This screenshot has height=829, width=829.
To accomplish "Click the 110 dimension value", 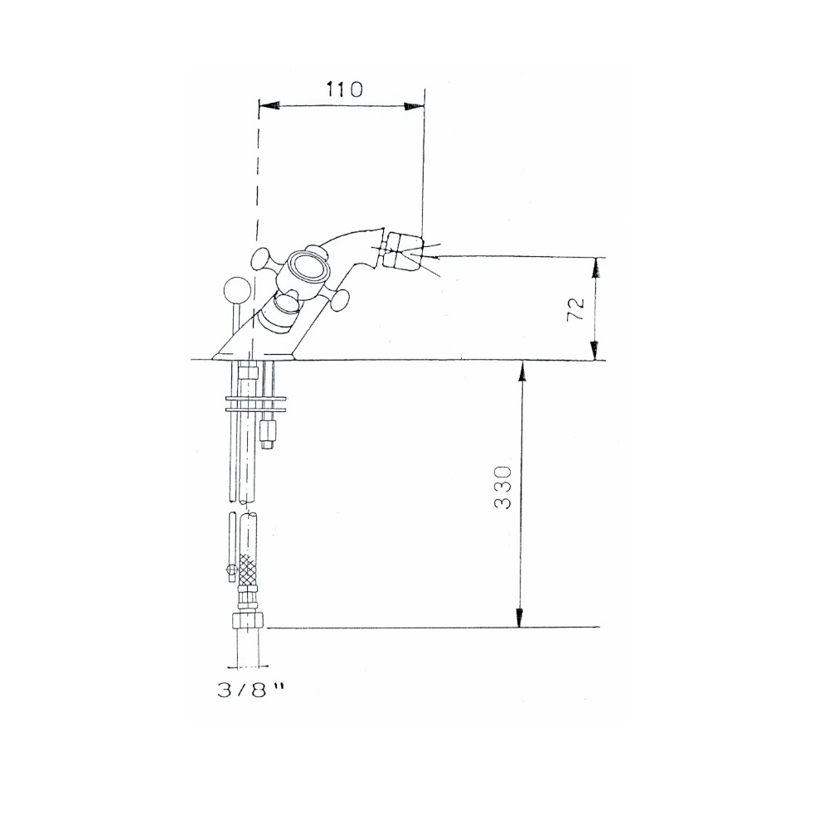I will (x=344, y=90).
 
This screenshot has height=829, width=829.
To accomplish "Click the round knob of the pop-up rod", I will (x=235, y=292).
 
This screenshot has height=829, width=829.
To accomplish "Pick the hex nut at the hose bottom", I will (x=250, y=623).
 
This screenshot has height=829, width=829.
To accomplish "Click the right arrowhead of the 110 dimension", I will (x=413, y=106).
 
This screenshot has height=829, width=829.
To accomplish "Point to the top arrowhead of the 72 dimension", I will (x=594, y=268).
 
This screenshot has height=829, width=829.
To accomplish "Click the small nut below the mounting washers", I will (x=267, y=433).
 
